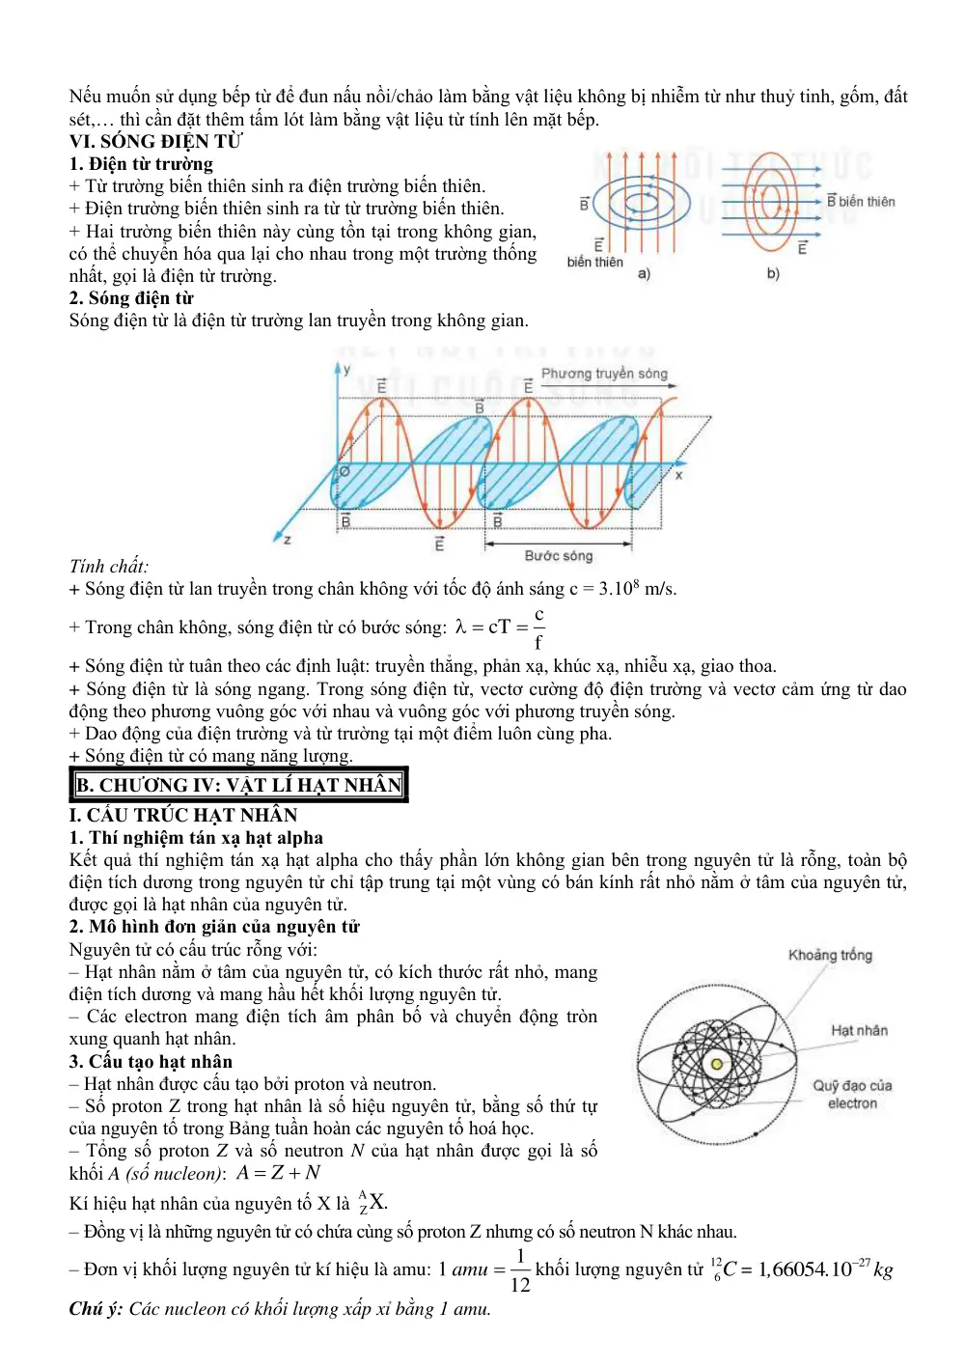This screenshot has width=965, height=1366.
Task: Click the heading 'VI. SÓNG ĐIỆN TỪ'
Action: click(155, 142)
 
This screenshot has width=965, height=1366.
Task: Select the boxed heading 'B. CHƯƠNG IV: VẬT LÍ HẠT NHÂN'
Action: click(238, 784)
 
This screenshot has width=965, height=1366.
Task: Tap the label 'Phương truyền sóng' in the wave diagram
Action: click(603, 374)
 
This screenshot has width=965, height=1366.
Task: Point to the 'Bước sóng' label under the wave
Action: click(559, 555)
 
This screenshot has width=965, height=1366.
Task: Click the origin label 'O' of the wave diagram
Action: click(345, 471)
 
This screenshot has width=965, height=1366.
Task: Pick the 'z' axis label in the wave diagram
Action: click(288, 540)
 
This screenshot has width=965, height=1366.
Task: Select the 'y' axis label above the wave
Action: click(346, 370)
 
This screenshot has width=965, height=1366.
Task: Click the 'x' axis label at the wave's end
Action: click(678, 474)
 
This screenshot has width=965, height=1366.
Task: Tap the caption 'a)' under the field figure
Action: click(644, 274)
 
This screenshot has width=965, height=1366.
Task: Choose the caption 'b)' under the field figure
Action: click(772, 274)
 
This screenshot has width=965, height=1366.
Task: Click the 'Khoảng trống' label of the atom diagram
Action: click(830, 955)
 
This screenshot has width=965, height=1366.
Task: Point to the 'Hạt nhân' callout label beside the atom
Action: click(859, 1031)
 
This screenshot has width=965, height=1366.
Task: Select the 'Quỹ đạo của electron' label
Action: click(852, 1095)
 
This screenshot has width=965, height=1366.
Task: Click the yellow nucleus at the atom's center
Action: click(716, 1064)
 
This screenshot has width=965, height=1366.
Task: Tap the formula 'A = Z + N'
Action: click(278, 1173)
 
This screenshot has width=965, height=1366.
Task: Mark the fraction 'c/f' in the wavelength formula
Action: click(538, 628)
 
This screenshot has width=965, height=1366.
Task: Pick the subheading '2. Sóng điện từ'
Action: click(131, 298)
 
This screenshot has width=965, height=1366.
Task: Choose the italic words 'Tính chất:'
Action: click(108, 567)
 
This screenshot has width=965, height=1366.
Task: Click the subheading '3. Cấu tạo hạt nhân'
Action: click(151, 1062)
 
